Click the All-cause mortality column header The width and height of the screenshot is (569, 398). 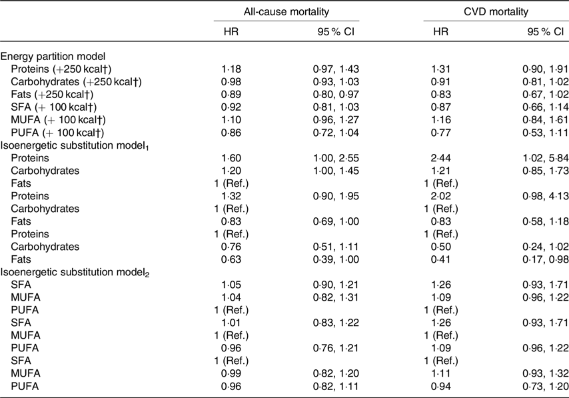(286, 12)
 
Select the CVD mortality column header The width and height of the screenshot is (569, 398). (496, 12)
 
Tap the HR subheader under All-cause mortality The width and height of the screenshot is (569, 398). (231, 31)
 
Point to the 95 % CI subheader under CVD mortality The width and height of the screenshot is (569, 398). (546, 31)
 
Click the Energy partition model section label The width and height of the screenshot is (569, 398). (53, 56)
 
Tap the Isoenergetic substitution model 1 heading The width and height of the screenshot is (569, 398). (75, 145)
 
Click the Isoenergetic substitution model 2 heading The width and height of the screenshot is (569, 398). (75, 273)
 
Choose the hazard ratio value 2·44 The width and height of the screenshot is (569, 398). (441, 158)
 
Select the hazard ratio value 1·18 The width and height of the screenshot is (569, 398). (231, 69)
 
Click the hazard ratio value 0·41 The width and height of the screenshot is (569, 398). (441, 259)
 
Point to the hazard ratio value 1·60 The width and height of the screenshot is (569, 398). (231, 158)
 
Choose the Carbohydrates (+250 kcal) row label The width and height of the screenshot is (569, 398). (76, 82)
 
